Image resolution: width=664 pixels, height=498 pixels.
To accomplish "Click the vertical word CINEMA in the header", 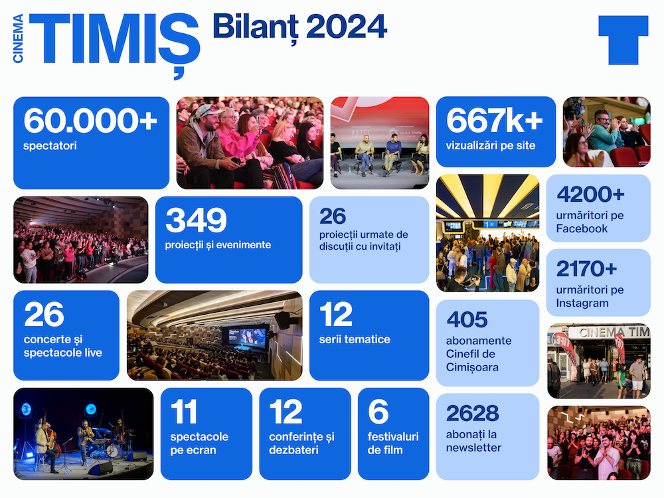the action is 18,39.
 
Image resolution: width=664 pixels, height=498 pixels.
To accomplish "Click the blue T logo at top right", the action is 623,41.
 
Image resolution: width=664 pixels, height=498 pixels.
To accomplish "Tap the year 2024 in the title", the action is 347,27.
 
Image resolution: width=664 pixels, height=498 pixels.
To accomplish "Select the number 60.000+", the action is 90,121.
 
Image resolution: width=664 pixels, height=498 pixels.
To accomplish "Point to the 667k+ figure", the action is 494,120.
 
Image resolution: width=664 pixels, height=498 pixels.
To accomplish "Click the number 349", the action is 196,220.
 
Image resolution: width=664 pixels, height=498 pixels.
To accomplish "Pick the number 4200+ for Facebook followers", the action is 590,195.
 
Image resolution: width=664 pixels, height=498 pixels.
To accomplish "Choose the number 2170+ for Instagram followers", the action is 586,268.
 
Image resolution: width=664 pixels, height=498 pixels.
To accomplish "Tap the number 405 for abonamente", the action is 467,320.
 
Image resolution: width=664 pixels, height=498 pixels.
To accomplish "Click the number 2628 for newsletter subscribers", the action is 473,413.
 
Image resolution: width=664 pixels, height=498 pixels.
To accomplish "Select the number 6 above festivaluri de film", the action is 378,411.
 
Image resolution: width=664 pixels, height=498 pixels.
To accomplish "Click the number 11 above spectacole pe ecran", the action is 184,411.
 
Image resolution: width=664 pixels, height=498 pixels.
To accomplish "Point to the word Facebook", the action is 582,228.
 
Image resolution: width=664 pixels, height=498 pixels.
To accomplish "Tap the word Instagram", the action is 582,303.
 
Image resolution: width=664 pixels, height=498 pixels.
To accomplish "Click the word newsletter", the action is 473,448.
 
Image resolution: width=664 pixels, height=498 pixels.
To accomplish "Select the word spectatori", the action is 50,145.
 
